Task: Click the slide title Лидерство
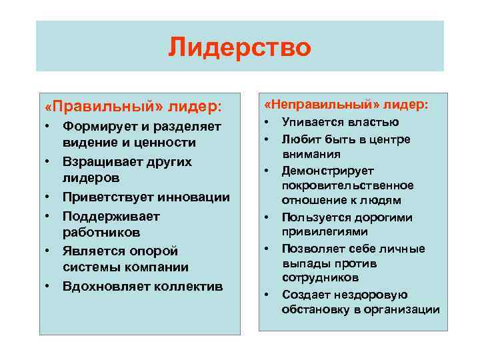[239, 47]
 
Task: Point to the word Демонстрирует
[328, 171]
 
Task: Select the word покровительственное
[347, 185]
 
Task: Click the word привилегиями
[325, 232]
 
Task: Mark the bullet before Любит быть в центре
[265, 139]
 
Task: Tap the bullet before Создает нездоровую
[265, 294]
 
